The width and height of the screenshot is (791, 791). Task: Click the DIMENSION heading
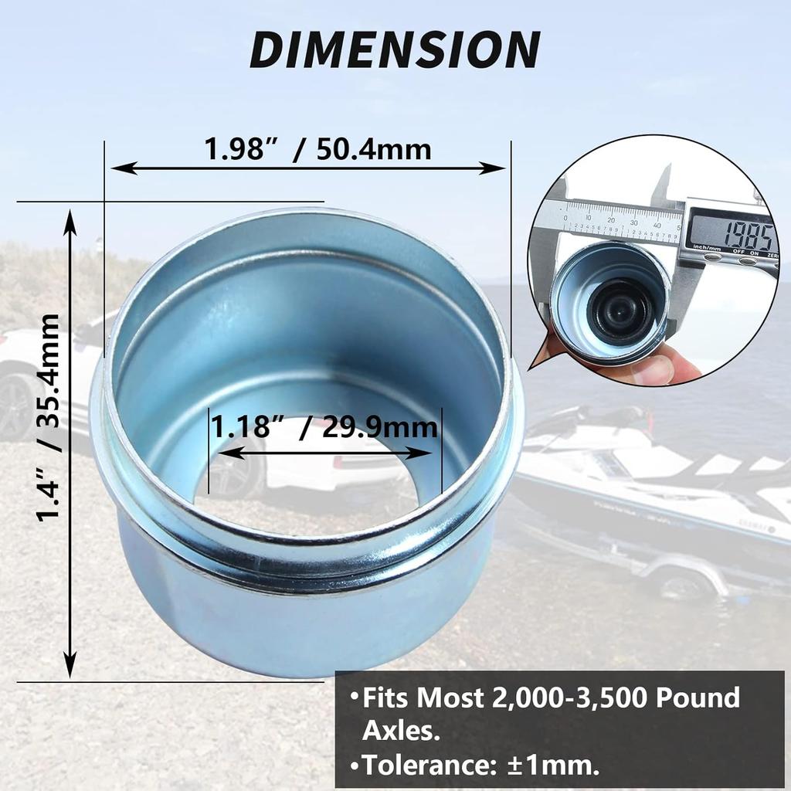394,49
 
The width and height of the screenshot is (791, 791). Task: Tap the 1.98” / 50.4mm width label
317,148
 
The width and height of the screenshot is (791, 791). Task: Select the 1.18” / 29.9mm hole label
325,426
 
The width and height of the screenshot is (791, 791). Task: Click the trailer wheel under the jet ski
681,583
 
